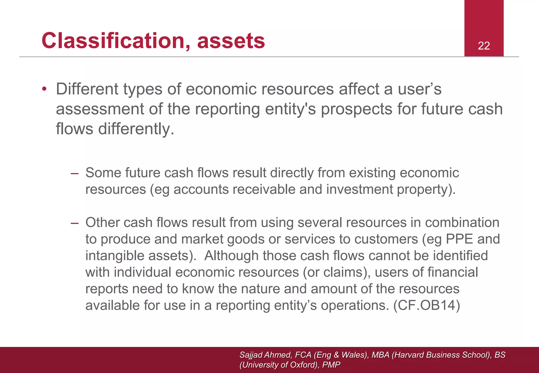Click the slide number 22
pyautogui.click(x=484, y=46)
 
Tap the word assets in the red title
pyautogui.click(x=231, y=41)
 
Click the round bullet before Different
pyautogui.click(x=44, y=89)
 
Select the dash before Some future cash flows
pyautogui.click(x=75, y=174)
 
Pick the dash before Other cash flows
pyautogui.click(x=75, y=223)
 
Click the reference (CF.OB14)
pyautogui.click(x=426, y=305)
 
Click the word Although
pyautogui.click(x=232, y=256)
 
